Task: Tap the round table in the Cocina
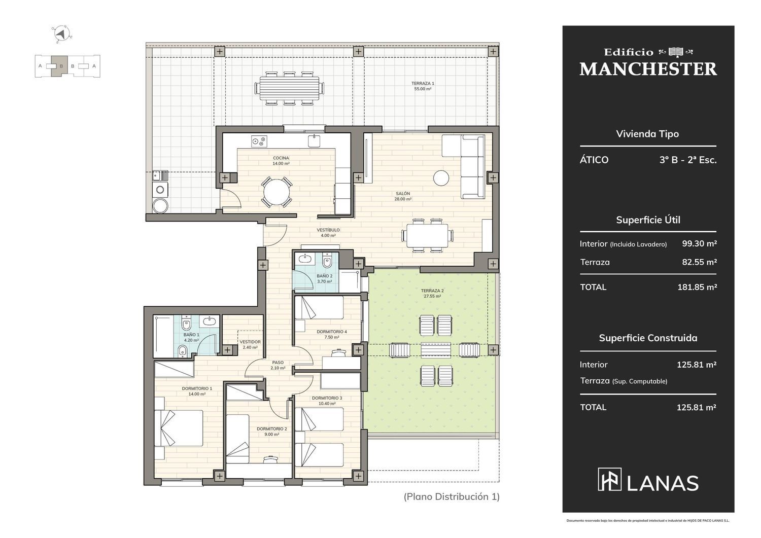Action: point(276,192)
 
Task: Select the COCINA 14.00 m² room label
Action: point(281,161)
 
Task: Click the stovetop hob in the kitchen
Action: point(259,141)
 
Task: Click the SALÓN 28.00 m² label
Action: point(403,196)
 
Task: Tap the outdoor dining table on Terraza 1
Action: point(289,88)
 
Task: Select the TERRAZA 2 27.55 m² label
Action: point(432,294)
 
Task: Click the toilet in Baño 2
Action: point(327,260)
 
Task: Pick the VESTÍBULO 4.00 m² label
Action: point(328,233)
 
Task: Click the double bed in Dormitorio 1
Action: point(179,428)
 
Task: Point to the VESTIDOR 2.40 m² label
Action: point(250,345)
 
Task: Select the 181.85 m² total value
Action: point(697,287)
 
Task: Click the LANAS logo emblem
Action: point(609,479)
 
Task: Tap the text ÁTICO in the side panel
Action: point(594,160)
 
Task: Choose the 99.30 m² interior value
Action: point(700,243)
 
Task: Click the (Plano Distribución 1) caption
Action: point(452,496)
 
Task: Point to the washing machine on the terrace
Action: point(160,190)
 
